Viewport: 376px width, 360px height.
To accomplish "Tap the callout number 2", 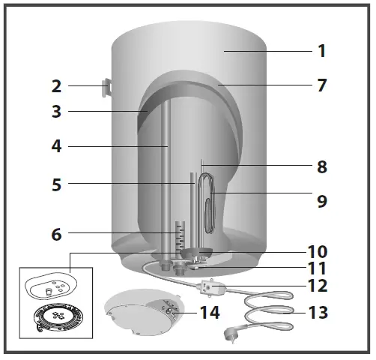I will click(56, 86).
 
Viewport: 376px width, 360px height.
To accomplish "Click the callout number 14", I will click(210, 311).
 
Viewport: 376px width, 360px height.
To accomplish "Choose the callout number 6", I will click(56, 233).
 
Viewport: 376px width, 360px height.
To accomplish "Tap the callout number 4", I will click(56, 146).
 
